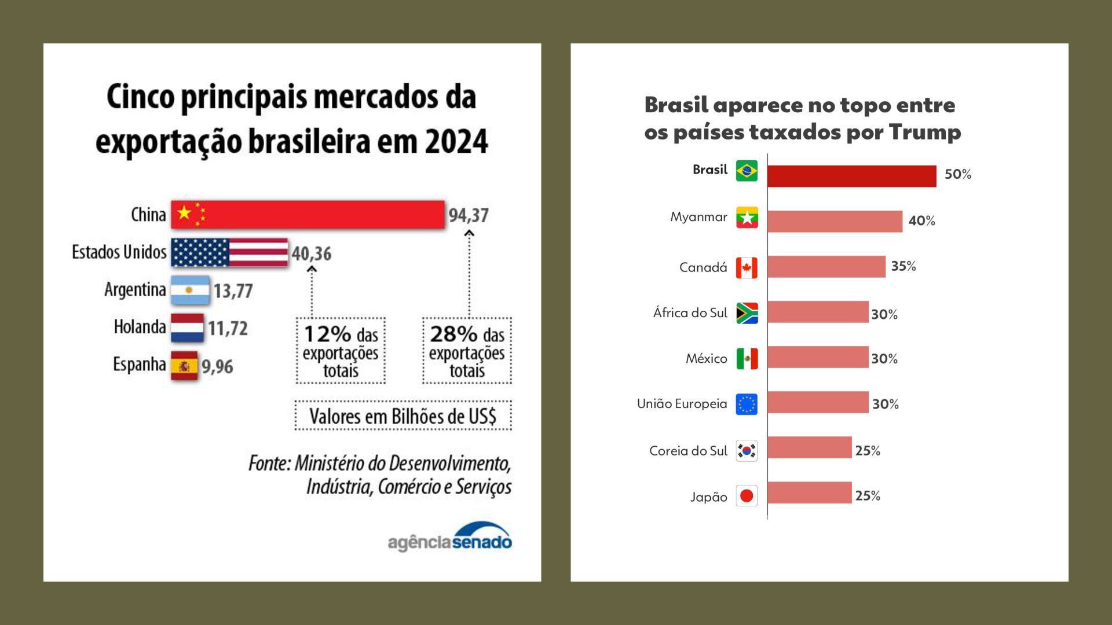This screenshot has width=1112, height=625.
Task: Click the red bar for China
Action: coord(308,215)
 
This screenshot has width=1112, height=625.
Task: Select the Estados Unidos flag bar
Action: coord(229,252)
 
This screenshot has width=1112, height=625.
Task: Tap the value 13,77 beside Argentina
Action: coord(233,291)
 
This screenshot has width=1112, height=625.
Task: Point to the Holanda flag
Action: coord(187,328)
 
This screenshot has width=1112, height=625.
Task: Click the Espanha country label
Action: coord(139,365)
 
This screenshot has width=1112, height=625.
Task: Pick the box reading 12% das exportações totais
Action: coord(341,351)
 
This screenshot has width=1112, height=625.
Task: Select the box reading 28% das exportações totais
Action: coord(467,351)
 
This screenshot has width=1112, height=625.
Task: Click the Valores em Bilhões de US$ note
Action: coord(403,416)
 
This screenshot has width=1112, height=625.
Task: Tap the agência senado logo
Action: coord(450,538)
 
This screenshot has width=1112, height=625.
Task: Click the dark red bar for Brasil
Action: coord(851,176)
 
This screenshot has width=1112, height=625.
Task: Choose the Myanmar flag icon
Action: coord(747,218)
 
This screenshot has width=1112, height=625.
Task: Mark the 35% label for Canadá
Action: coord(904,266)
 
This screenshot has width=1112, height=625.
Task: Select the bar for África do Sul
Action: coord(818,312)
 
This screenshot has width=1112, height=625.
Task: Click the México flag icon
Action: coord(747,358)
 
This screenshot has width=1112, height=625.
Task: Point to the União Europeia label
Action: coord(682,404)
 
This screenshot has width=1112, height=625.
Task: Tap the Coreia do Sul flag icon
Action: coord(747,450)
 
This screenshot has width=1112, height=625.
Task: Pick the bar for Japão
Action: coord(810,493)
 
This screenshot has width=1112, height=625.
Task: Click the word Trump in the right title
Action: coord(924,132)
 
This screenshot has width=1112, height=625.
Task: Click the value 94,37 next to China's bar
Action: coord(469,215)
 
